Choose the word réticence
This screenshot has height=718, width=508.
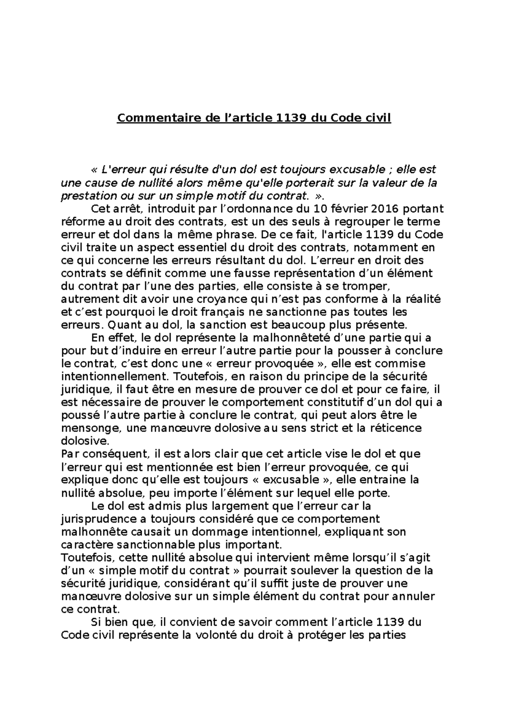395,428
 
